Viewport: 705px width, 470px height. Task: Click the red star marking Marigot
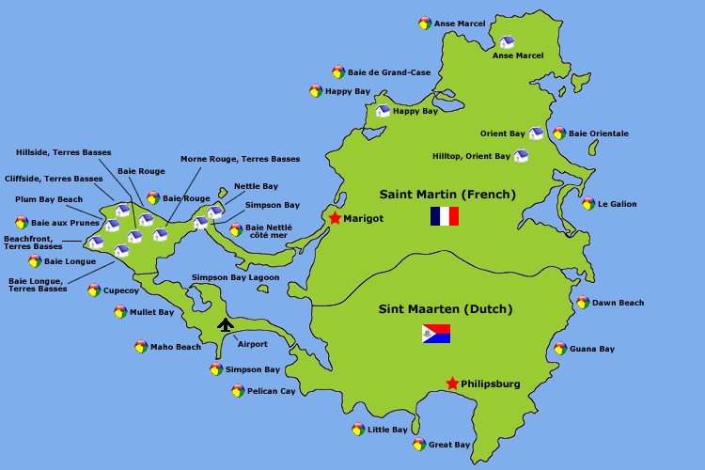pyautogui.click(x=335, y=218)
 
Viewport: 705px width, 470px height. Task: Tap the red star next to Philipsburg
pyautogui.click(x=452, y=384)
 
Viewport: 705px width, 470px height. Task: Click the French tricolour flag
pyautogui.click(x=444, y=216)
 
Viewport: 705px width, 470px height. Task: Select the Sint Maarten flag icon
pyautogui.click(x=436, y=334)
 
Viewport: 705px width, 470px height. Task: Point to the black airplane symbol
pyautogui.click(x=226, y=325)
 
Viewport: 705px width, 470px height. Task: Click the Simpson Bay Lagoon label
pyautogui.click(x=235, y=277)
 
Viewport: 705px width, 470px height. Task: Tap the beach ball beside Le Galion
pyautogui.click(x=588, y=204)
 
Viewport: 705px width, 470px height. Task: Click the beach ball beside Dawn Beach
pyautogui.click(x=583, y=303)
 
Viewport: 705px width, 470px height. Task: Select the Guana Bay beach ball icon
pyautogui.click(x=560, y=349)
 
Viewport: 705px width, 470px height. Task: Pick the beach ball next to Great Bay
pyautogui.click(x=419, y=445)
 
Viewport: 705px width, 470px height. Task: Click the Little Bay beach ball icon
pyautogui.click(x=358, y=430)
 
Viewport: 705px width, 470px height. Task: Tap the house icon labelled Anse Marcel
pyautogui.click(x=507, y=42)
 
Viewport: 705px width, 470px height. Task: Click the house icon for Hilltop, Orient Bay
pyautogui.click(x=521, y=156)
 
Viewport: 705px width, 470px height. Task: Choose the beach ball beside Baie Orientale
pyautogui.click(x=559, y=133)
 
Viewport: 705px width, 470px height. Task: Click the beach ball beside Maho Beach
pyautogui.click(x=141, y=347)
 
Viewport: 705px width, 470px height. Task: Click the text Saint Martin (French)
pyautogui.click(x=447, y=195)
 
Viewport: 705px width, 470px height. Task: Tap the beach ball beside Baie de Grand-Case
pyautogui.click(x=338, y=71)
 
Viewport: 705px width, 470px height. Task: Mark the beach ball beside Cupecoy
pyautogui.click(x=94, y=290)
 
